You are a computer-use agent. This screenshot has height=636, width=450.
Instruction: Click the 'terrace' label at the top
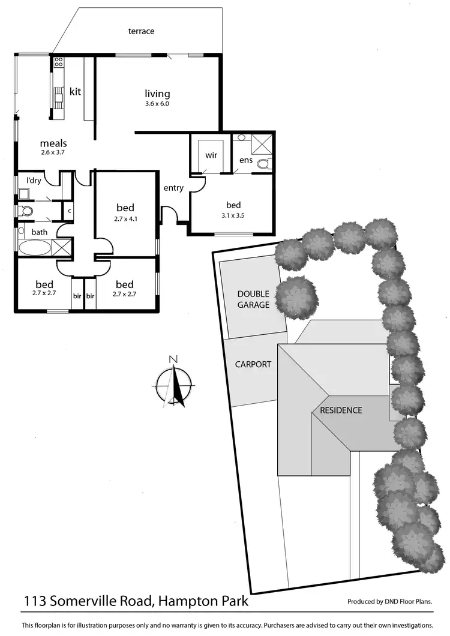(x=141, y=31)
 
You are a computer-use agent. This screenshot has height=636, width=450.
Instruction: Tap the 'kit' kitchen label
(x=75, y=92)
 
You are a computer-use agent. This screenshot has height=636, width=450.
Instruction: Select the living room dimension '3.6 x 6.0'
(x=157, y=104)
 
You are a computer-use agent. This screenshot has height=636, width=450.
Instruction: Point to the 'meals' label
(x=53, y=143)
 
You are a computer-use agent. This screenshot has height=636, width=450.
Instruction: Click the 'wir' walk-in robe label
(x=211, y=155)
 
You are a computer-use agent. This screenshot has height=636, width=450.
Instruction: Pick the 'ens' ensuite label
(x=246, y=160)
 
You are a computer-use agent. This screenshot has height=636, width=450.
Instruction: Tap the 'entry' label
(x=173, y=188)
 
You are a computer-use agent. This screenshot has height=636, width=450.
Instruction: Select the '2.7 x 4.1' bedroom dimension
(x=126, y=219)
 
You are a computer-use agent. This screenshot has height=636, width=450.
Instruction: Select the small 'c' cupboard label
(x=69, y=211)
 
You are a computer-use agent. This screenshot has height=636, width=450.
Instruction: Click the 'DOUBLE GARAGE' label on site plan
(x=253, y=299)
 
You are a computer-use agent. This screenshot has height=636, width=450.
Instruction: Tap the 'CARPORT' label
(x=253, y=364)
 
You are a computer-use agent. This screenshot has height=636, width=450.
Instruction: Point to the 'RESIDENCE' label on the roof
(x=341, y=410)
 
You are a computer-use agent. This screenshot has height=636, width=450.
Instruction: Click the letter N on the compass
(x=173, y=359)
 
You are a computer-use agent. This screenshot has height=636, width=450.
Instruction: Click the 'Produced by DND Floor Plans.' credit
(x=390, y=601)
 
